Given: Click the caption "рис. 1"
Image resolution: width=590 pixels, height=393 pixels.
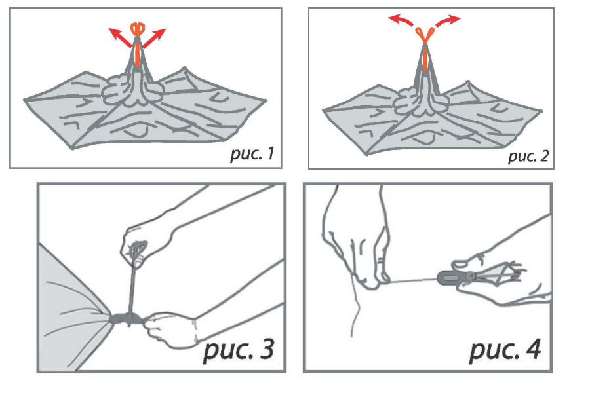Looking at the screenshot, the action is click(252, 153).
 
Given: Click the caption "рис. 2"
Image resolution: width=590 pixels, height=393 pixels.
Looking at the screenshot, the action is click(528, 156).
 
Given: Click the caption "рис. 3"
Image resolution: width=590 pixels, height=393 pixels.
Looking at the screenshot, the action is click(239, 350).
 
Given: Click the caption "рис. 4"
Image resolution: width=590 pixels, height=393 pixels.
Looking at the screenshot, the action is click(505, 350).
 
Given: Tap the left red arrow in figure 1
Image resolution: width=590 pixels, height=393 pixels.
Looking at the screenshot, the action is click(121, 37).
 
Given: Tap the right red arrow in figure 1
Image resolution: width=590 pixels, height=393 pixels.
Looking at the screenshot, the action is click(154, 37).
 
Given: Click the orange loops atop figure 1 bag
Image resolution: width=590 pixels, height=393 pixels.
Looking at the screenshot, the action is click(138, 29).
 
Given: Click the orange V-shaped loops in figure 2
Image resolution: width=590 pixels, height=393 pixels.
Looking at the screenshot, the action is click(425, 35).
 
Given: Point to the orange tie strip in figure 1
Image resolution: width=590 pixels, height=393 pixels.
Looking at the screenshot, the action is click(138, 54).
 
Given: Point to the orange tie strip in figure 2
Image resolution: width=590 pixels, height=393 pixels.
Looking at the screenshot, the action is click(425, 60).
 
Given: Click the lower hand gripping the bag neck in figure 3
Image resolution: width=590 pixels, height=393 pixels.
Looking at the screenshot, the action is click(169, 328).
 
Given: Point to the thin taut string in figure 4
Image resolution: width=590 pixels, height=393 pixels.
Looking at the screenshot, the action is click(412, 280).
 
